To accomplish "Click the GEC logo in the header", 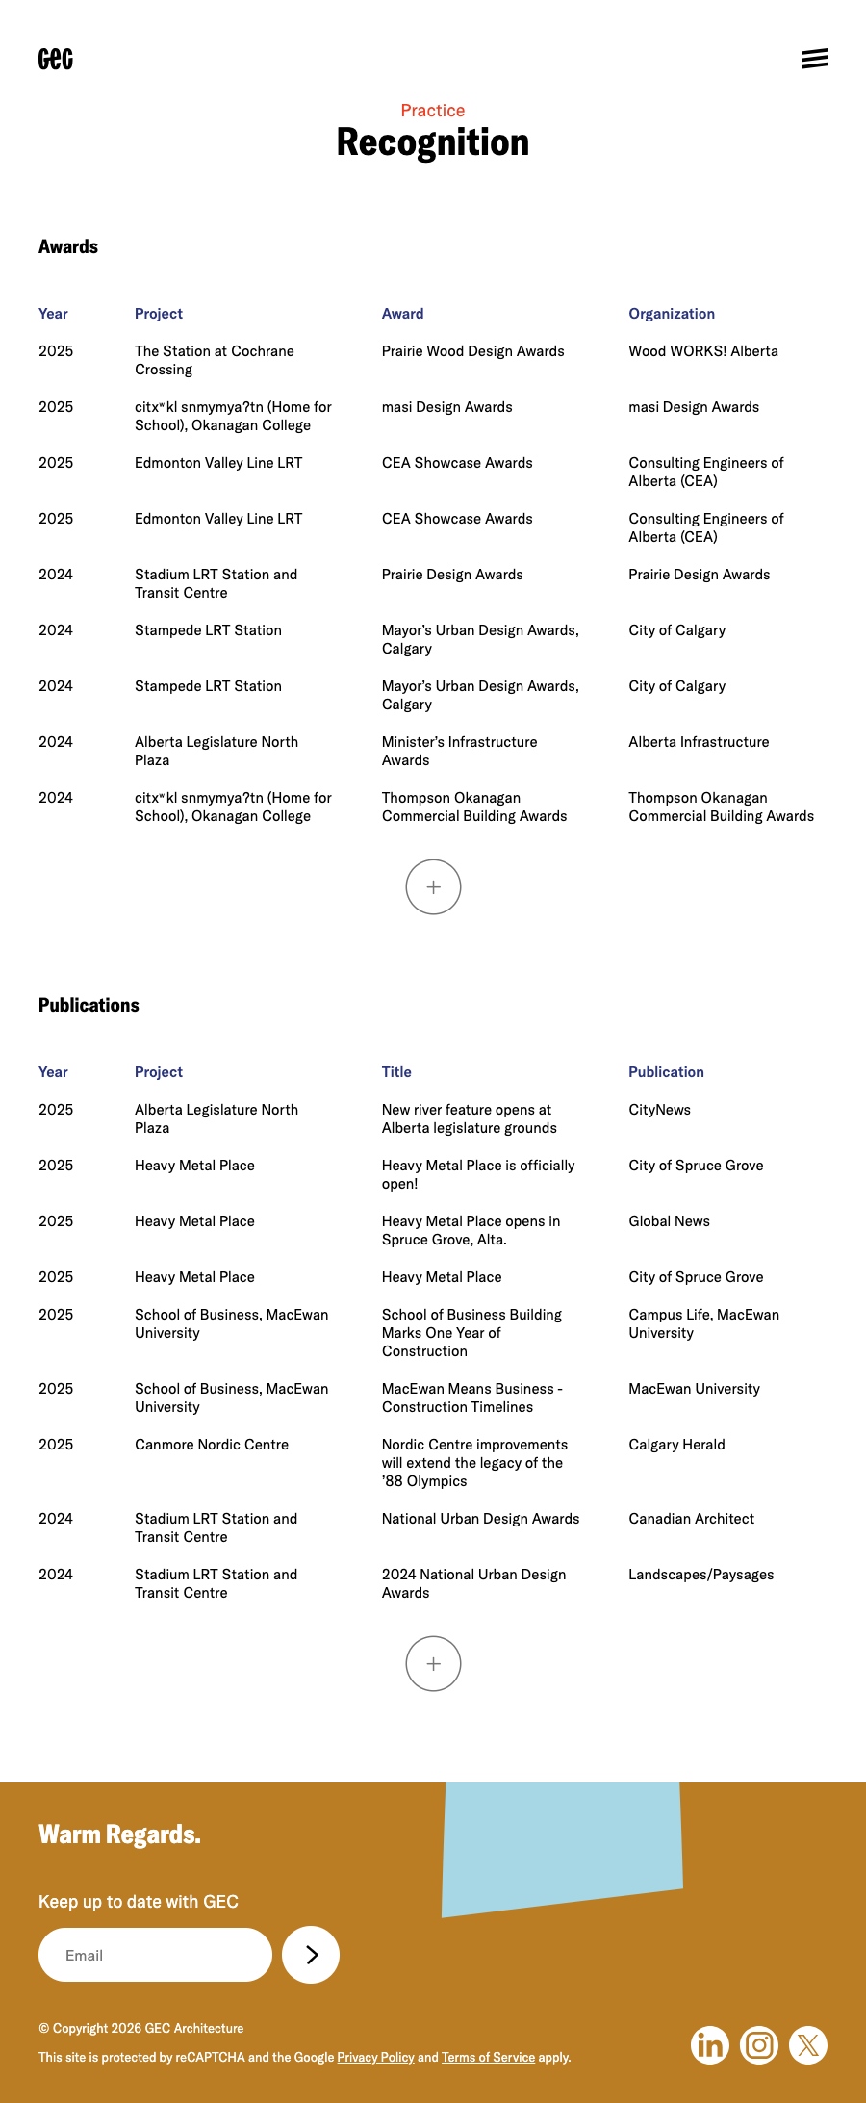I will [x=56, y=59].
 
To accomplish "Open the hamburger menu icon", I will [x=814, y=59].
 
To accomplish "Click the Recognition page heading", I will [x=433, y=142].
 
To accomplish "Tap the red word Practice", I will [x=433, y=111].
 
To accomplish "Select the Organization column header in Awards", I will [x=672, y=314].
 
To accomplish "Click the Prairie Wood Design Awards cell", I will [x=472, y=351].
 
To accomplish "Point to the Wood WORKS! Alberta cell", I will [x=703, y=351].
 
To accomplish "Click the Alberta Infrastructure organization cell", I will [x=699, y=742].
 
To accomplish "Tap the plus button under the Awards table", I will [x=433, y=886].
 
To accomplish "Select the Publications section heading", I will [x=89, y=1005].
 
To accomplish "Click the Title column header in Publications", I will [x=396, y=1072].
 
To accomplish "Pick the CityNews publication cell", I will [x=659, y=1110].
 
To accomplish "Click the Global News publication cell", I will [x=669, y=1221].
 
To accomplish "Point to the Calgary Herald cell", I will [x=676, y=1445].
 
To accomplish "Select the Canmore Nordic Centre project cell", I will [x=212, y=1445].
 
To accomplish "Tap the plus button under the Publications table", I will [x=433, y=1663].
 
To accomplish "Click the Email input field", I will [x=155, y=1955].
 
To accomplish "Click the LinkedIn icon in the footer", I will [x=710, y=2044].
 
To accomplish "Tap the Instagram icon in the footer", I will [x=759, y=2044].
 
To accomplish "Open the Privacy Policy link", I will [x=375, y=2057].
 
